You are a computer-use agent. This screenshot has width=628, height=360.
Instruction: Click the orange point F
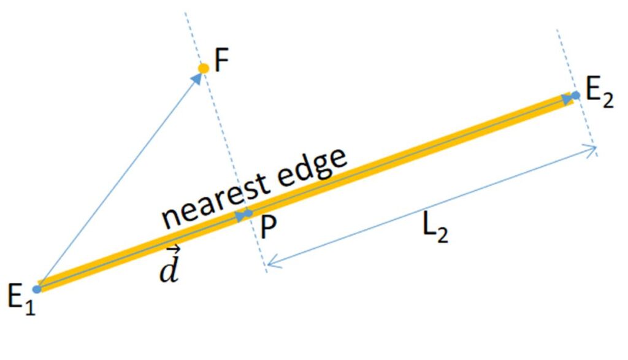pos(203,67)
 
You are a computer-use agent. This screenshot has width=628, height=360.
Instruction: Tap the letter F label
pos(221,62)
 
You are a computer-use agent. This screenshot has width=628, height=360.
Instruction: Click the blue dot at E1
pos(37,289)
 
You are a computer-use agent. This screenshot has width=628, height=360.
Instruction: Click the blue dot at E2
pos(575,95)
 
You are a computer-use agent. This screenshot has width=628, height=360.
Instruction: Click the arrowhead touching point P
pos(240,216)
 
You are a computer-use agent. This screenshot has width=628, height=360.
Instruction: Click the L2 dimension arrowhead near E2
pos(591,149)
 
